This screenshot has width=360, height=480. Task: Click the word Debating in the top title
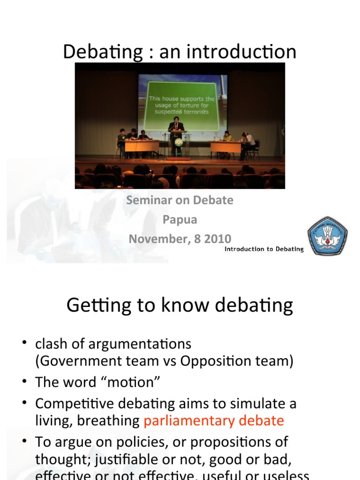tap(103, 52)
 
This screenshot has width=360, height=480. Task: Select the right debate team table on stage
tap(226, 147)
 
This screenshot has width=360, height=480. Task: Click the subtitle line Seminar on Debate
tap(180, 200)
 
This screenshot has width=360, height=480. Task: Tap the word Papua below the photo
tap(180, 219)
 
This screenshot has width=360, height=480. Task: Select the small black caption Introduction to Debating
tap(264, 249)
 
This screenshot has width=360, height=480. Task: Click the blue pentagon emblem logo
tap(327, 236)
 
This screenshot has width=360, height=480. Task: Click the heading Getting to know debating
tap(180, 306)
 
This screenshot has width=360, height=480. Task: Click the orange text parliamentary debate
tap(214, 420)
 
